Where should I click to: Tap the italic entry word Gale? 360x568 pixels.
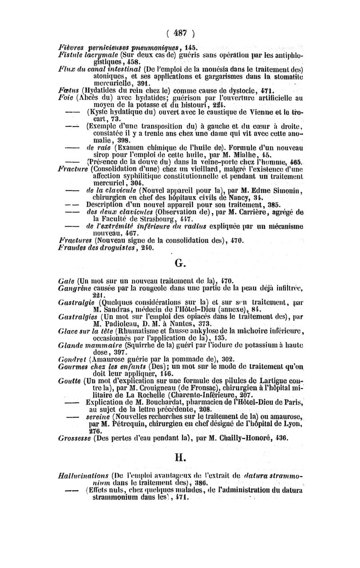[67, 281]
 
